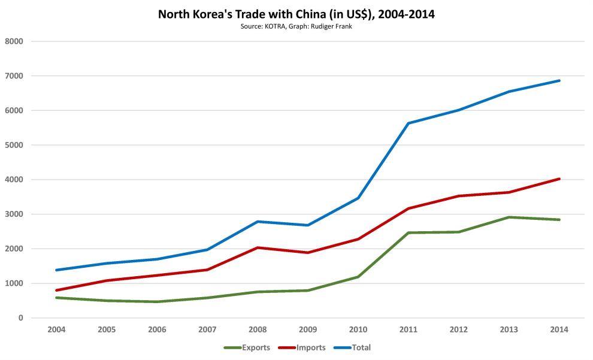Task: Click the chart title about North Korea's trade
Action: [296, 14]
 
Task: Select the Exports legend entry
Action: [247, 347]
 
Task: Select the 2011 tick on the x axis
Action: [409, 330]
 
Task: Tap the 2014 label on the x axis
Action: [559, 330]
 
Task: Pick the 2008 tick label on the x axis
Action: [258, 330]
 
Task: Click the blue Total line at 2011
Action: [409, 123]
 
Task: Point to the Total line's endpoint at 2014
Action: [559, 80]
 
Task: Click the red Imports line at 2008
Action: [258, 247]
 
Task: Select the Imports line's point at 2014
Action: [559, 179]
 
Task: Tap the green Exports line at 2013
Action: [509, 217]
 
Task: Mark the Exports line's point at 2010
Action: [358, 277]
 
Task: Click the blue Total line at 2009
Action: [308, 225]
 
